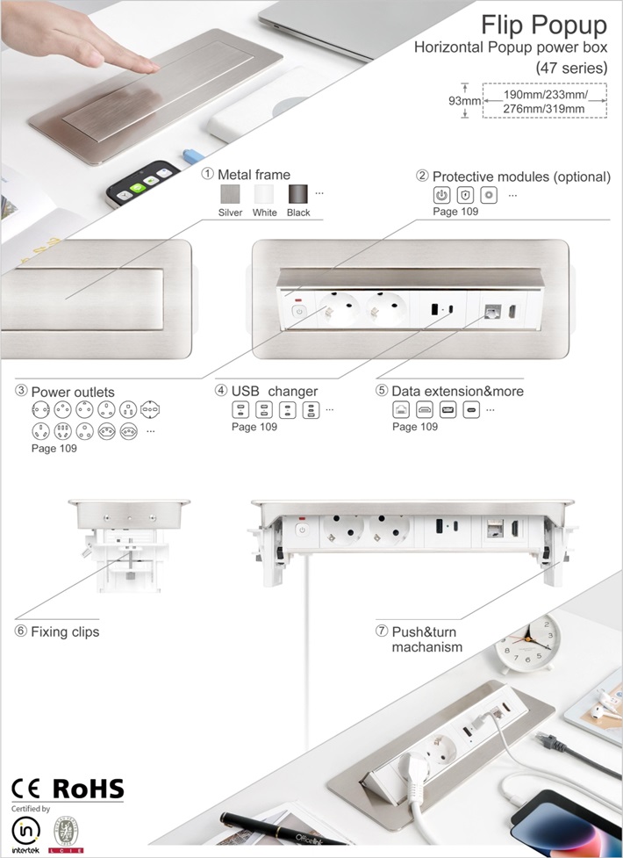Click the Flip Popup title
pyautogui.click(x=544, y=25)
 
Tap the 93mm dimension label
pyautogui.click(x=464, y=101)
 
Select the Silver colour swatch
pyautogui.click(x=230, y=194)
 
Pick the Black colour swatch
pyautogui.click(x=298, y=194)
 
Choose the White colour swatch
pyautogui.click(x=264, y=194)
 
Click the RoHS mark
pyautogui.click(x=88, y=789)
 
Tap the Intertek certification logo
pyautogui.click(x=25, y=833)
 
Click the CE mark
pyautogui.click(x=25, y=789)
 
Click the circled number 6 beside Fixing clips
pyautogui.click(x=21, y=631)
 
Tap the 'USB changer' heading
pyautogui.click(x=275, y=392)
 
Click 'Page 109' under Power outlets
pyautogui.click(x=54, y=448)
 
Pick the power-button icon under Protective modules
pyautogui.click(x=441, y=195)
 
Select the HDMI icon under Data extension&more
pyautogui.click(x=425, y=410)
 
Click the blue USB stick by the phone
pyautogui.click(x=193, y=156)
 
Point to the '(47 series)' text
pyautogui.click(x=571, y=68)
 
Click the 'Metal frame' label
pyautogui.click(x=254, y=175)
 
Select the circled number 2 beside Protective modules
pyautogui.click(x=422, y=176)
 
